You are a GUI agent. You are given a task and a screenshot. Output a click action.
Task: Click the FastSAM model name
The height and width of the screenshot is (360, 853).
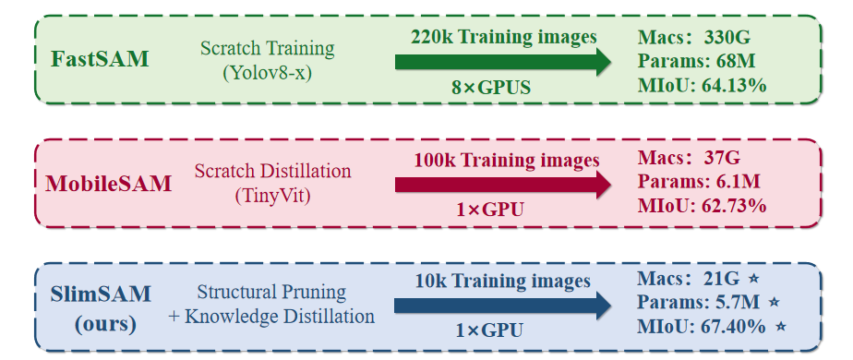pos(100,59)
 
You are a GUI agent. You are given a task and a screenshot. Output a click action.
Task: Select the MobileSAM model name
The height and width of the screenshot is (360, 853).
pos(108,184)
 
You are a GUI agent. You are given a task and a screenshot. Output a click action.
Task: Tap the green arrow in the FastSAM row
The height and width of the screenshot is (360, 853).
pos(503,62)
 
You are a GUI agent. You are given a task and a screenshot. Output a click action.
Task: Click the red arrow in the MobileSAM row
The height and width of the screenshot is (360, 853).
pos(503,186)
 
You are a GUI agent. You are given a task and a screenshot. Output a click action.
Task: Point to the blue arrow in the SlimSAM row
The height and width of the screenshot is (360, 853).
pos(503,306)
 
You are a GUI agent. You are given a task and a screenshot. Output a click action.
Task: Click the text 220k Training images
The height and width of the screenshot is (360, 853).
pos(504,37)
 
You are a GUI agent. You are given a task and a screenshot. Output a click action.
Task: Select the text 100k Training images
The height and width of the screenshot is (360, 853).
pos(507,161)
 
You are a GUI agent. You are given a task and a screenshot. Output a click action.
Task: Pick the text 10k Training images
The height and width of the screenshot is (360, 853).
pos(502,282)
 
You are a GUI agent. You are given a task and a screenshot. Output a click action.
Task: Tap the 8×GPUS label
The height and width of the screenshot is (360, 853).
pos(491,88)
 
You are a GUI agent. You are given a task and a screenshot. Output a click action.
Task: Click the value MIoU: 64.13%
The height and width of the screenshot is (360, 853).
pos(703,85)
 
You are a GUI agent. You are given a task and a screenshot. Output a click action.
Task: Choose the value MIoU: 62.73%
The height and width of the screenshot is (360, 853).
pos(703,206)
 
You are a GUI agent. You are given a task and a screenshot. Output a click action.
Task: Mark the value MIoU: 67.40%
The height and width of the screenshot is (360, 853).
pos(702,327)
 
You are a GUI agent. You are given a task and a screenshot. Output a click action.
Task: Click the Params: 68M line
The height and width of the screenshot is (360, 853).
pos(697,62)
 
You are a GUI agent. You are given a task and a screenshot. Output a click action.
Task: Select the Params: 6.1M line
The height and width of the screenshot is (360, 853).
pos(699,181)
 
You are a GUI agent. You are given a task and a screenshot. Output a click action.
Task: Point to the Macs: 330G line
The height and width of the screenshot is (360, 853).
pos(694,38)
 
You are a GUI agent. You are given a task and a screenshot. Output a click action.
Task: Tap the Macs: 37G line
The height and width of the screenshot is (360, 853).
pos(690,158)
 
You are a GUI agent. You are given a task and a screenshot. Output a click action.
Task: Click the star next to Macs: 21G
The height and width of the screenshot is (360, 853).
pos(753,279)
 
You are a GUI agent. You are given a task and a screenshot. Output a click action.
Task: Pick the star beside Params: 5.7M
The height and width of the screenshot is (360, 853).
pos(775,302)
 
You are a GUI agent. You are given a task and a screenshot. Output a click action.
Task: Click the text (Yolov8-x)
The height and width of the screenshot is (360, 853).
pos(267,72)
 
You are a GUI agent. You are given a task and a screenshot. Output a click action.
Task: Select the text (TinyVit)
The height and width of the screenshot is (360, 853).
pos(272,195)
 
